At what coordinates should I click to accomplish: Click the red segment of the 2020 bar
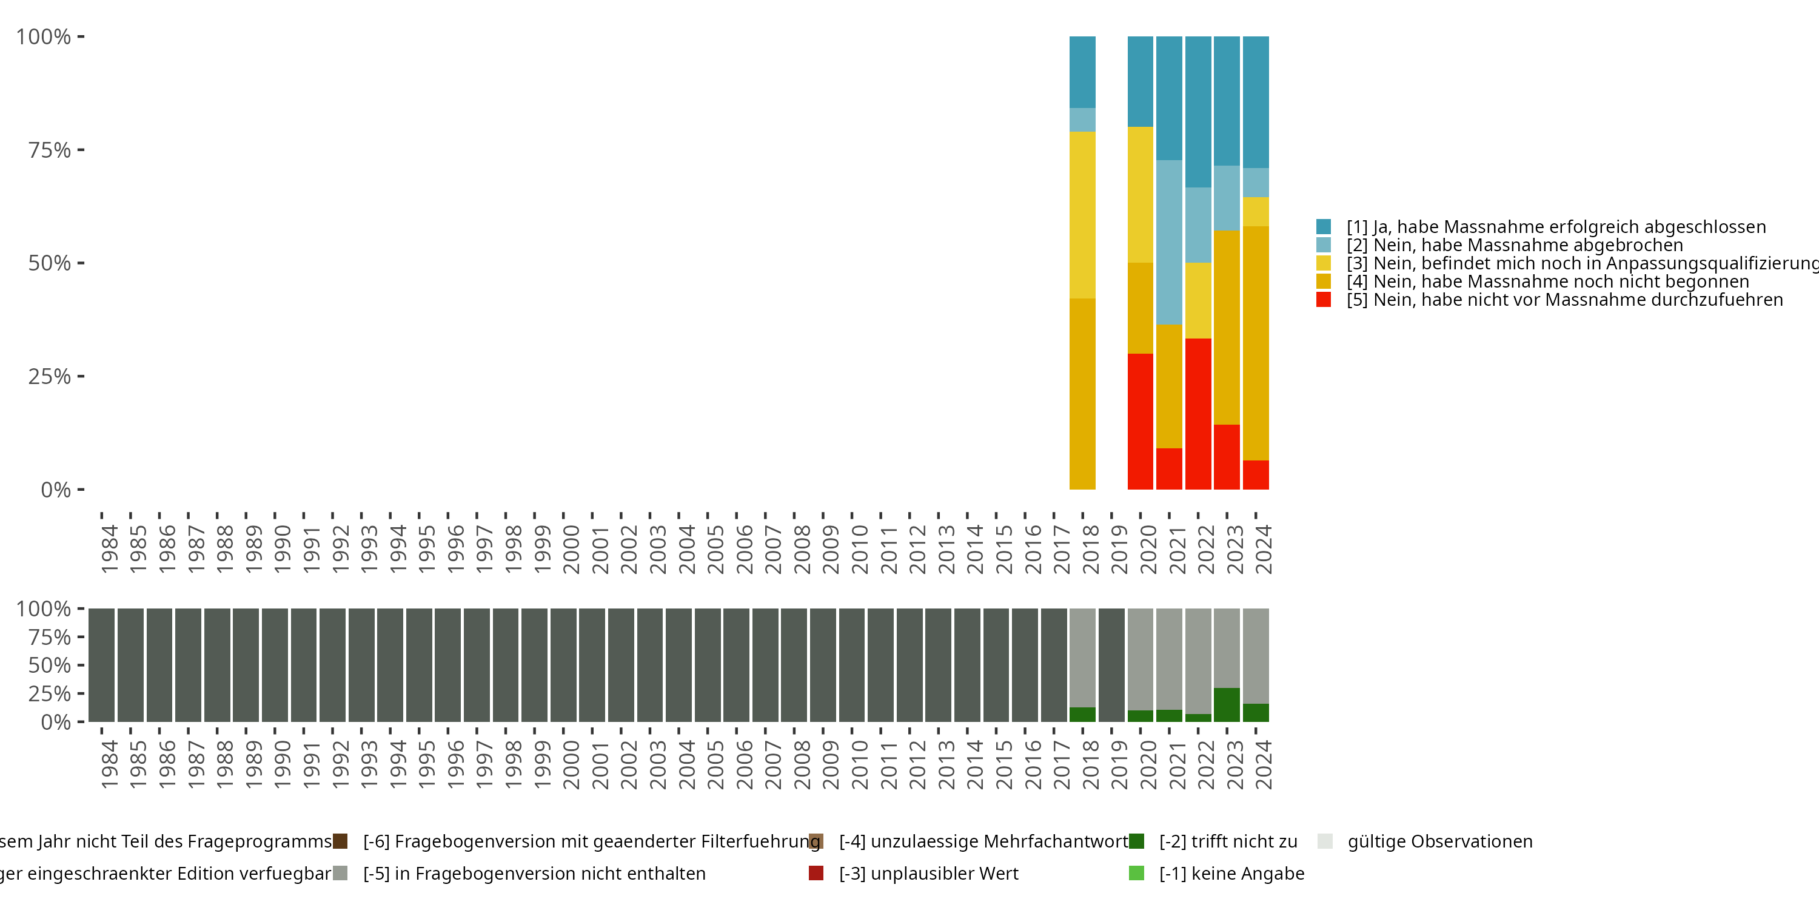[x=1140, y=421]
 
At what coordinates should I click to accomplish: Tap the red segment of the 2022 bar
[x=1198, y=414]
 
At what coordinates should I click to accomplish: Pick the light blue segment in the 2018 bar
[x=1082, y=120]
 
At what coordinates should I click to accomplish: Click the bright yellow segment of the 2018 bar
[x=1082, y=215]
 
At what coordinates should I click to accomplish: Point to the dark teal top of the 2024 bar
[x=1256, y=102]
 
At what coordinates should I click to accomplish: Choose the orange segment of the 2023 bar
[x=1227, y=327]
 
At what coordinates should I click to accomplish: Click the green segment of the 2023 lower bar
[x=1227, y=704]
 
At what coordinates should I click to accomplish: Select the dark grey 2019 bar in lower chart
[x=1111, y=665]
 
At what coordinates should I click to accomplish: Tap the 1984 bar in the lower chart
[x=102, y=665]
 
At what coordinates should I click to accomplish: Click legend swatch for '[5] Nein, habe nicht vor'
[x=1324, y=300]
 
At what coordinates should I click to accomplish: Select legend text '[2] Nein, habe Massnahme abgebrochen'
[x=1514, y=245]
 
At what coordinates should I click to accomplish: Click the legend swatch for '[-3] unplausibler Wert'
[x=816, y=873]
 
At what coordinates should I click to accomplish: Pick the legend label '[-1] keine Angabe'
[x=1231, y=873]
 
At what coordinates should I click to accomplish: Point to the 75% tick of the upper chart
[x=50, y=150]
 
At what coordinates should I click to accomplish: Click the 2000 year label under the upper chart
[x=571, y=550]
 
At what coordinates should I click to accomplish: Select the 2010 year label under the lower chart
[x=859, y=765]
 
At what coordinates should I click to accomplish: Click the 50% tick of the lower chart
[x=50, y=665]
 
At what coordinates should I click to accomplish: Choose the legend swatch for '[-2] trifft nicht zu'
[x=1136, y=841]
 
